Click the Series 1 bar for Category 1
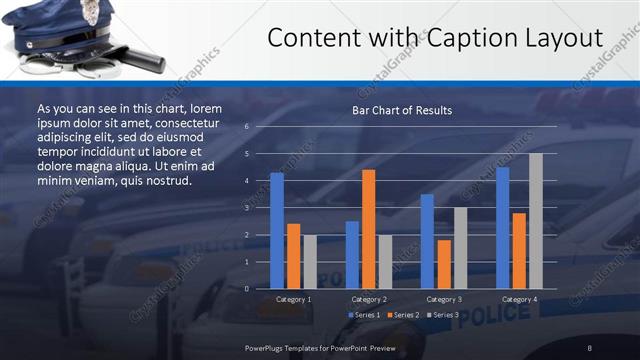(x=277, y=231)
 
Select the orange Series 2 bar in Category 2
(x=368, y=229)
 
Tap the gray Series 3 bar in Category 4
(x=536, y=221)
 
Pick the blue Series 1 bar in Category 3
(x=427, y=241)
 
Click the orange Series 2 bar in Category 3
(x=444, y=264)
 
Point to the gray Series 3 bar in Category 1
(x=310, y=262)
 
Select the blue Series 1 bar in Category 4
(x=503, y=228)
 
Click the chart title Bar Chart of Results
(x=402, y=110)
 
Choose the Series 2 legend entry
(x=403, y=315)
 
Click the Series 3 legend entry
(x=443, y=315)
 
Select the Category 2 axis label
(x=369, y=299)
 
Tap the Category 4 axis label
(x=519, y=299)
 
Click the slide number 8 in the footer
(x=589, y=347)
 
